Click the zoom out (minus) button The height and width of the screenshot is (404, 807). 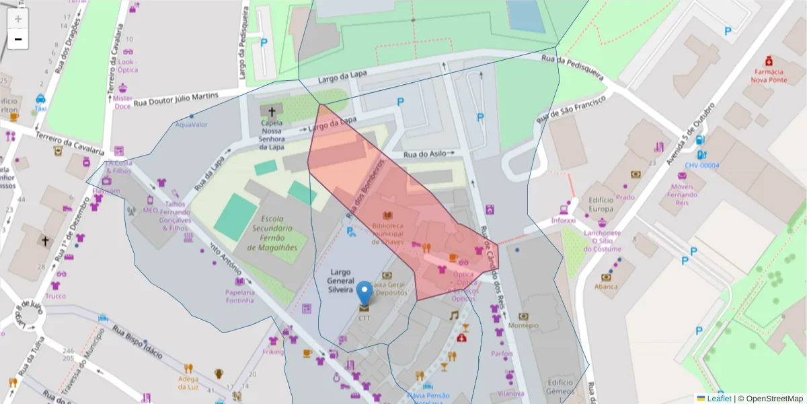tap(18, 40)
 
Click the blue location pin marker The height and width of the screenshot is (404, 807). tap(364, 294)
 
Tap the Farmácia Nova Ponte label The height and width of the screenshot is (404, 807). tap(768, 75)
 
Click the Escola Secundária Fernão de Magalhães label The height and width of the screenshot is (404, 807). tap(272, 233)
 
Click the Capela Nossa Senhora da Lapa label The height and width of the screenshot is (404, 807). tap(272, 132)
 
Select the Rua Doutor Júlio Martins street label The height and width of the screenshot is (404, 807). tap(176, 100)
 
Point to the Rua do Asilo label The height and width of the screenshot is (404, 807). tap(425, 154)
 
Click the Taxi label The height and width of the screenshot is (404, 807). tap(40, 108)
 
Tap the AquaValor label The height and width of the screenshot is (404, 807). tap(192, 125)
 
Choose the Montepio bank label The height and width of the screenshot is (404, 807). tap(524, 325)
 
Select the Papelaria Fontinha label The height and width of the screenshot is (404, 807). tap(240, 296)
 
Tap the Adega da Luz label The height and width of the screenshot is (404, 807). tap(188, 382)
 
